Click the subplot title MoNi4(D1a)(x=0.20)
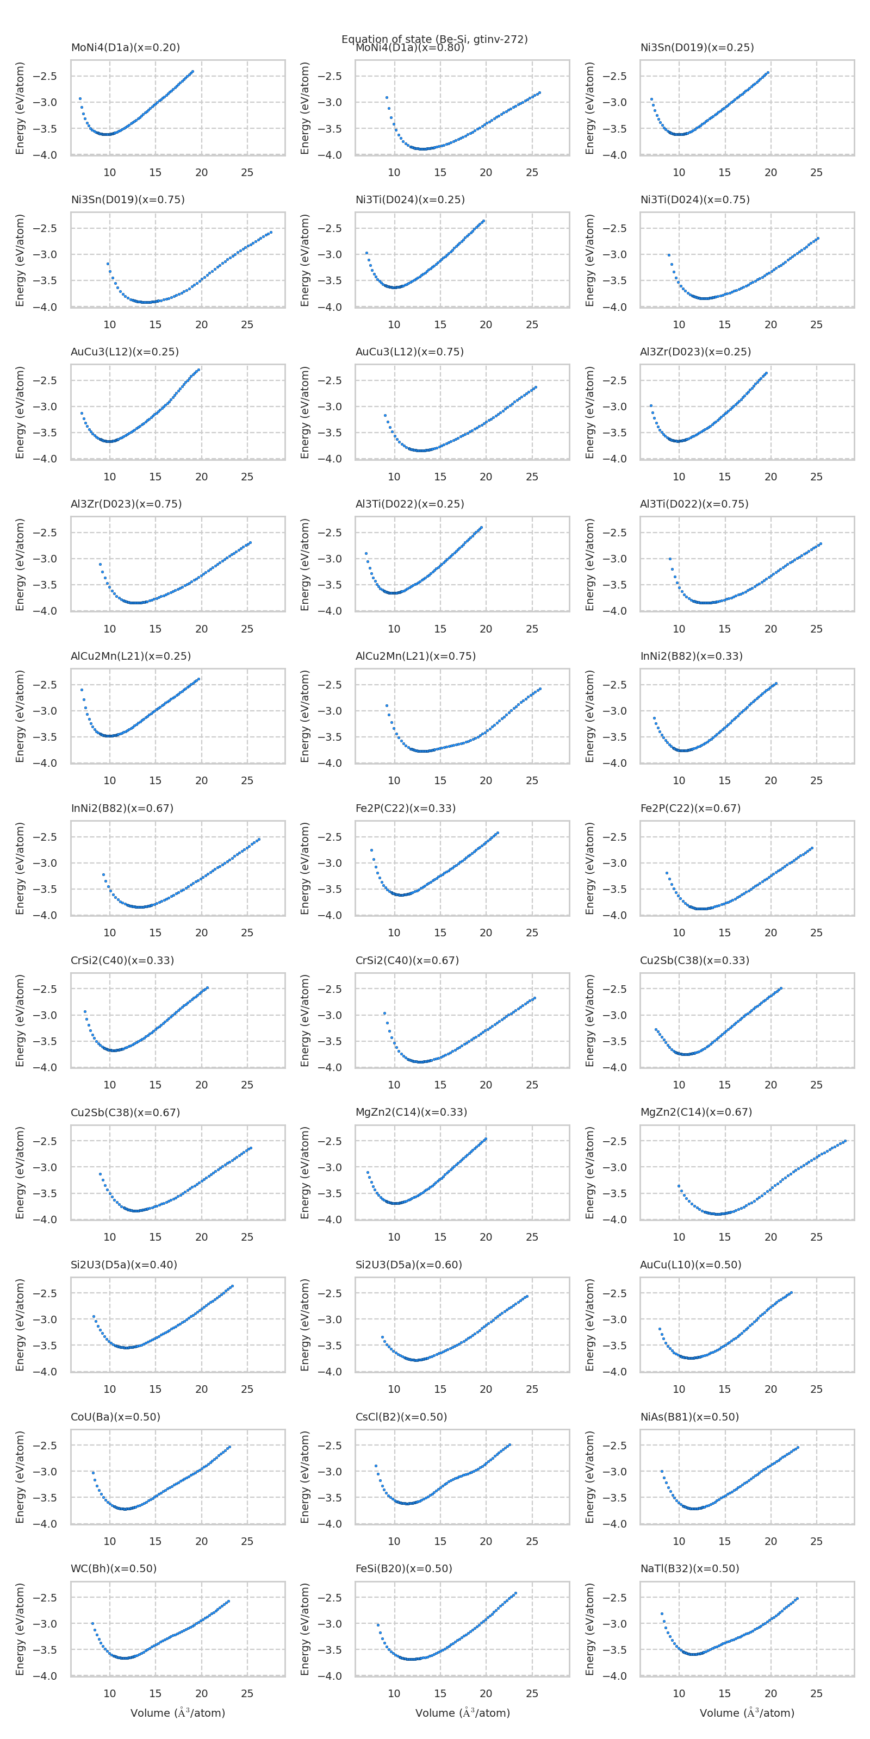click(125, 47)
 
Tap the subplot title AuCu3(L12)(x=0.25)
click(125, 352)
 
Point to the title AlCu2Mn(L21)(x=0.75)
click(415, 656)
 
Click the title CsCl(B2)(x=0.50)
click(401, 1416)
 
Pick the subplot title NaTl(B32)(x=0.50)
click(689, 1568)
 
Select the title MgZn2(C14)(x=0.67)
click(696, 1112)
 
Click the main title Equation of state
click(434, 39)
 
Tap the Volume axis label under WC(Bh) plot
click(178, 1713)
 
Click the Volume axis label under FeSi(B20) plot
click(462, 1713)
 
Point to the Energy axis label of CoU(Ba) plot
click(20, 1477)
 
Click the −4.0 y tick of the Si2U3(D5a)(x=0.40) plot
click(45, 1372)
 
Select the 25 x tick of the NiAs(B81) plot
click(816, 1541)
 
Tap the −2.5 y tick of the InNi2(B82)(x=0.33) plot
click(614, 685)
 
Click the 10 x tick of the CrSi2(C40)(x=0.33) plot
click(109, 1085)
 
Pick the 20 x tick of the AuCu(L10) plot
click(770, 1390)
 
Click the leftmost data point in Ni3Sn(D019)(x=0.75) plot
click(108, 263)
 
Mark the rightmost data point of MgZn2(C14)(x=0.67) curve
click(845, 1141)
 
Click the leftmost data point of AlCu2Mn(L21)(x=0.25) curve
click(82, 689)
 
